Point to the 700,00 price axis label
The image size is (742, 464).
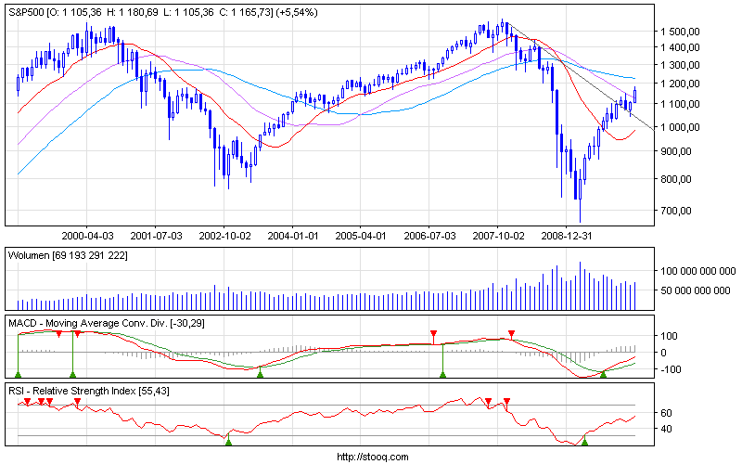tap(684, 211)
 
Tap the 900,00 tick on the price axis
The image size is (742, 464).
tap(684, 150)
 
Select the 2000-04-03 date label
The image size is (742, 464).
tap(87, 236)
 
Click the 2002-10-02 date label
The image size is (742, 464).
tap(225, 236)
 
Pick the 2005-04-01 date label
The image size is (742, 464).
tap(361, 236)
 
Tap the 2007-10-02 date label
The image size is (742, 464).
tap(497, 236)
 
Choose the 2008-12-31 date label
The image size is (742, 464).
tap(566, 236)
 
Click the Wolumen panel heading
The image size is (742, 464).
tap(35, 253)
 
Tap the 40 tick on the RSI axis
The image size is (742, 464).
tap(666, 429)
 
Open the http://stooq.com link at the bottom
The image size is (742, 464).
tap(371, 457)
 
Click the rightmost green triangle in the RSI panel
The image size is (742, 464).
tap(584, 442)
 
